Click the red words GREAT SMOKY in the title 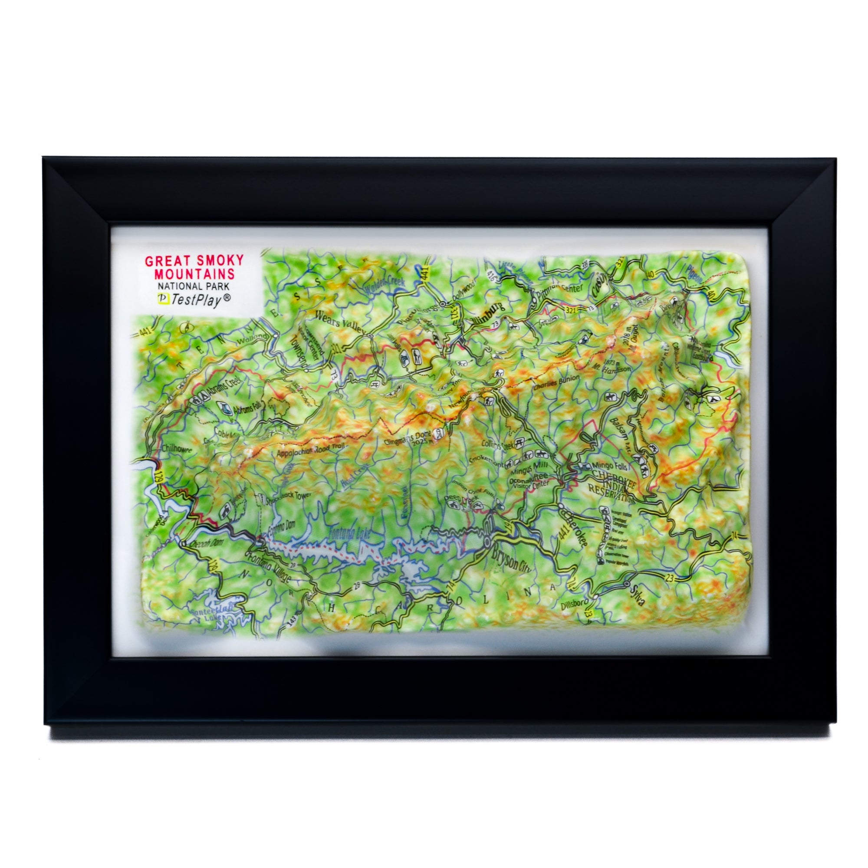pyautogui.click(x=194, y=260)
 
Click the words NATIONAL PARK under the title pyautogui.click(x=193, y=286)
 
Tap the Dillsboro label pyautogui.click(x=575, y=605)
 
